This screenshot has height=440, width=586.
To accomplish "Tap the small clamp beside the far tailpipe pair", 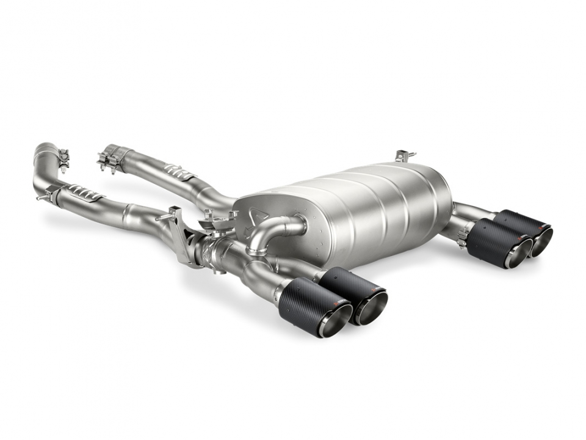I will [462, 238].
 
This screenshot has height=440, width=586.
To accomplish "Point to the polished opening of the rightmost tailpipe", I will [542, 241].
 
